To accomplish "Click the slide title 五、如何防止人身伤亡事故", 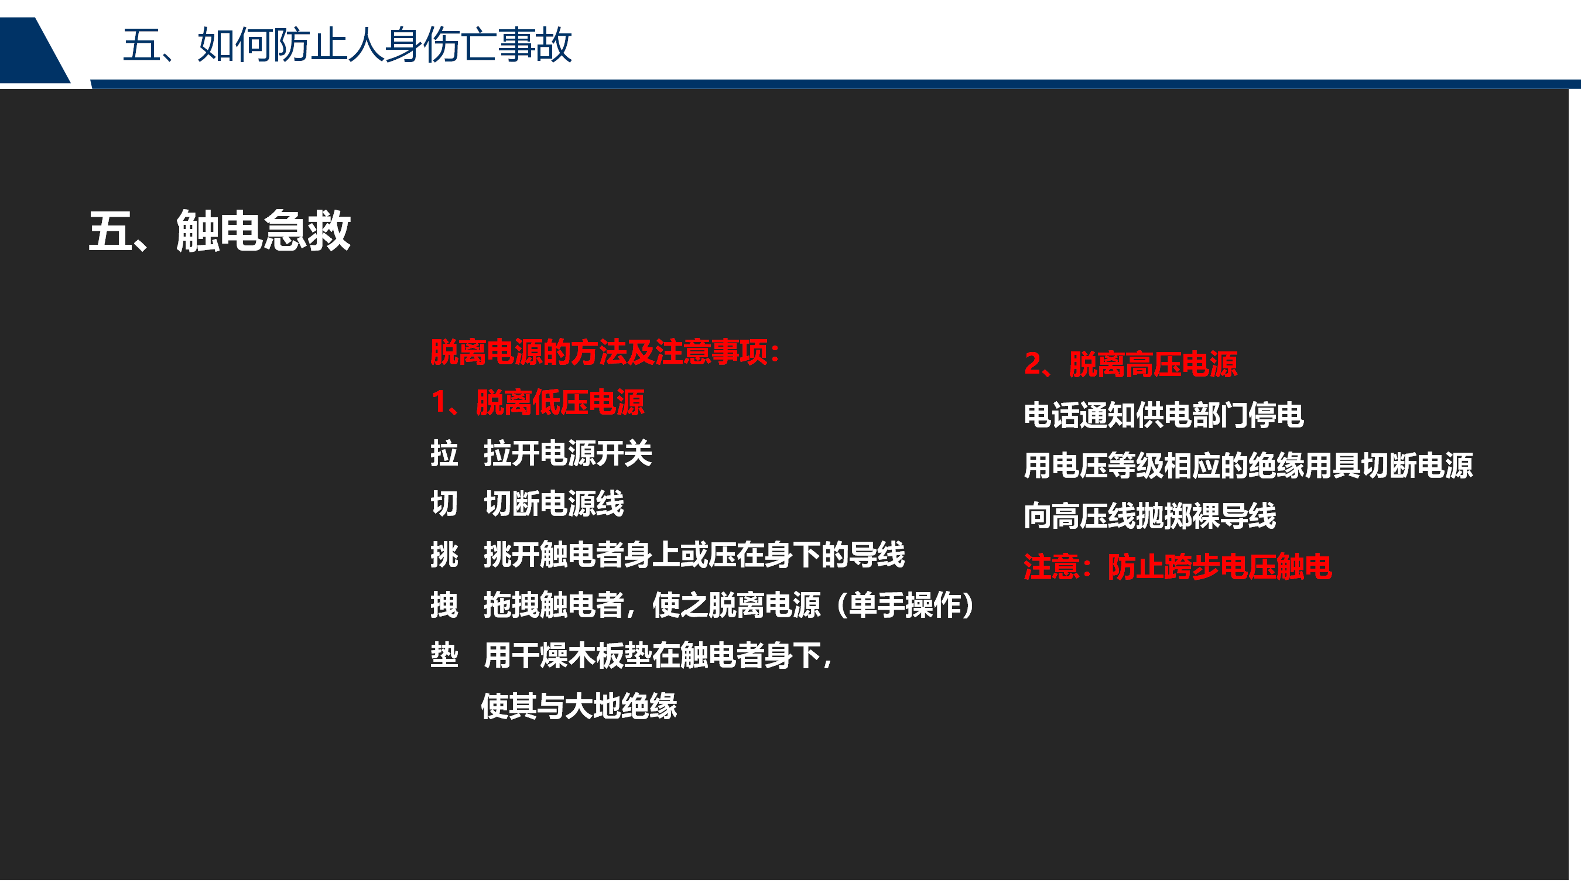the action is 347,45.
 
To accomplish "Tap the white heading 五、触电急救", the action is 220,231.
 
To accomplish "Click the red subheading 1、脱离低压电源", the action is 538,403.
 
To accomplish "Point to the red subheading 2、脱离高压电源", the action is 1131,364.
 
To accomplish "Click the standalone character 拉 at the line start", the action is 444,454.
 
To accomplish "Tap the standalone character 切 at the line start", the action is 444,504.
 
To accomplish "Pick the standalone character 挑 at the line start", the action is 444,555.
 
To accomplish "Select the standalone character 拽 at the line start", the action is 444,606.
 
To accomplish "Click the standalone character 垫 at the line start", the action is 444,656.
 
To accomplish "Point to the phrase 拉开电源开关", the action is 568,454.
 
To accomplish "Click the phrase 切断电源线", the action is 553,504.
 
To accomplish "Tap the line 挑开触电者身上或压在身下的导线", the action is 694,555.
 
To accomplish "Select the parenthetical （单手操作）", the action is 905,606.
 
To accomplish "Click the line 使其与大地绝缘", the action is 579,706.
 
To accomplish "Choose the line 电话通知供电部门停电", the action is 1163,415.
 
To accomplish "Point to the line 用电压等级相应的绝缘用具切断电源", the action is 1248,466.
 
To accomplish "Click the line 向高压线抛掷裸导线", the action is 1149,516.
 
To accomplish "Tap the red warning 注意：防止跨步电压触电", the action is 1178,567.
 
